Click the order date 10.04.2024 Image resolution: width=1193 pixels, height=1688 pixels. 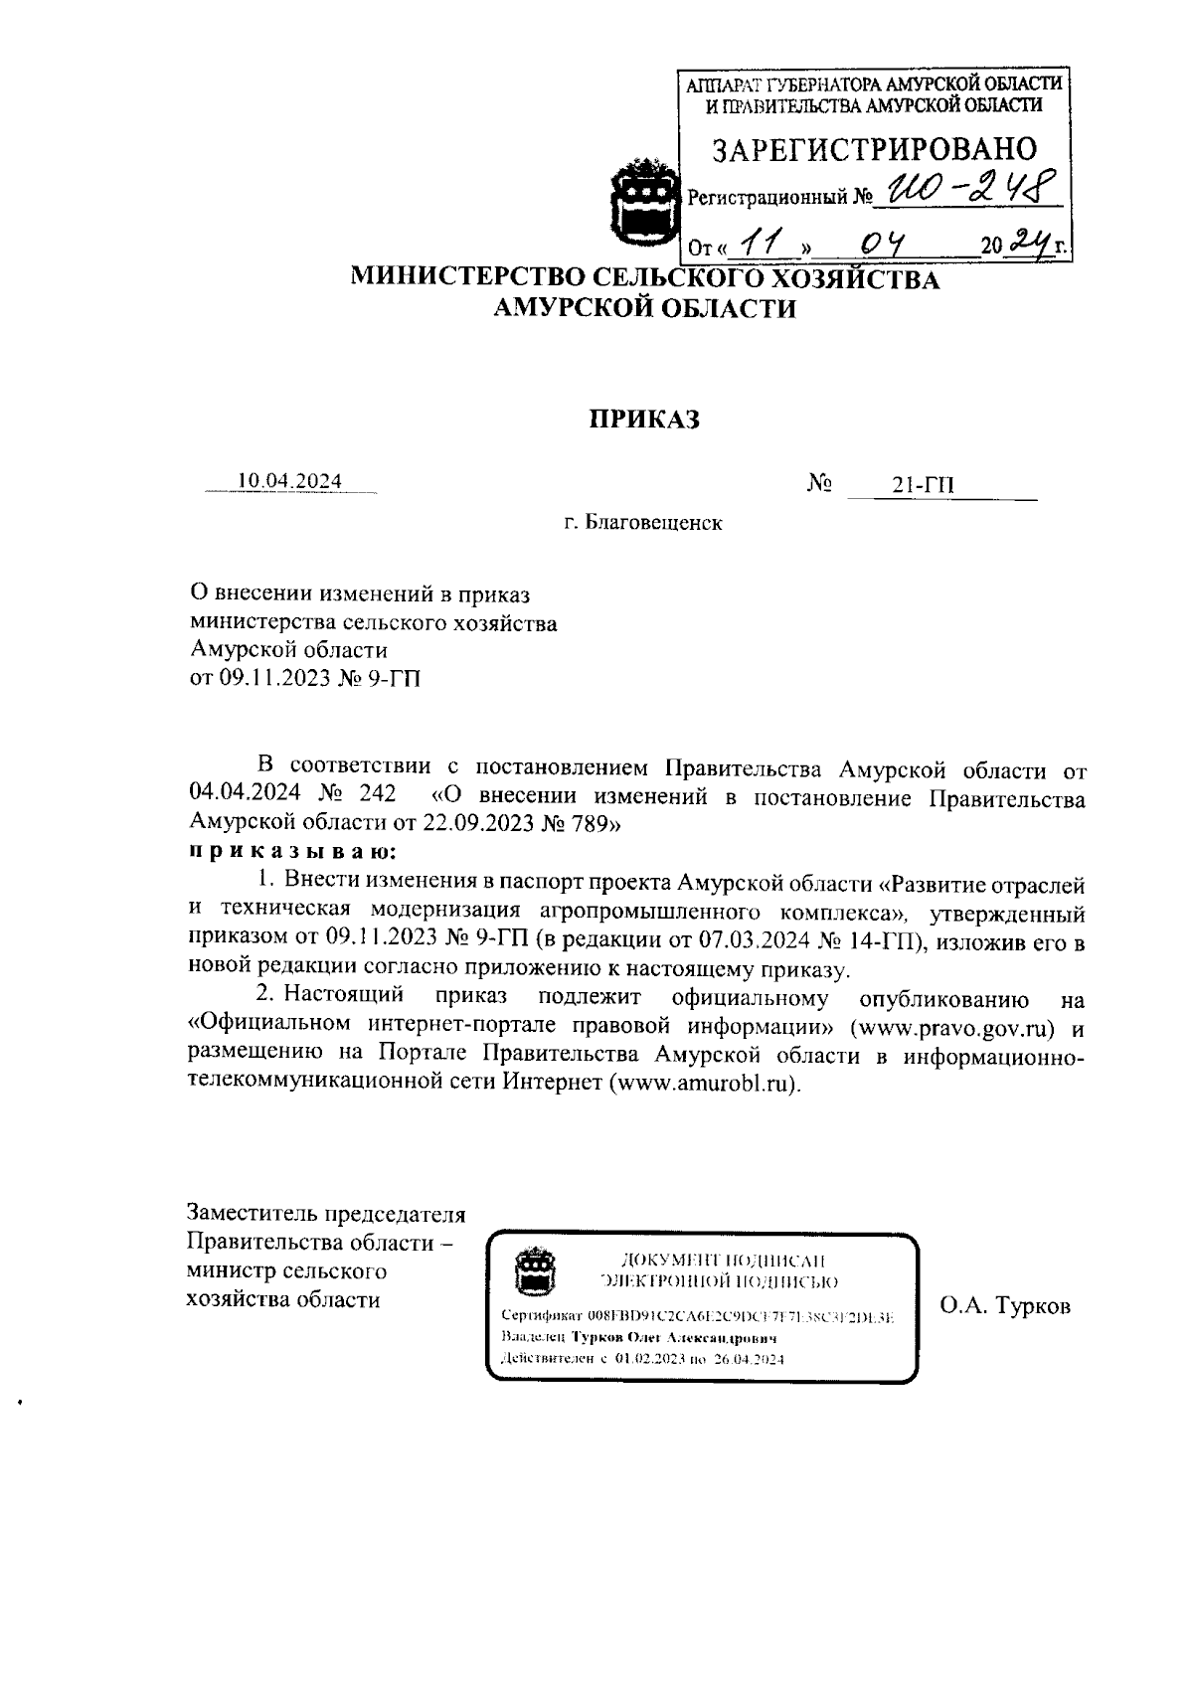pyautogui.click(x=288, y=482)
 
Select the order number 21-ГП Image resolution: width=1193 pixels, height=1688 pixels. pyautogui.click(x=924, y=485)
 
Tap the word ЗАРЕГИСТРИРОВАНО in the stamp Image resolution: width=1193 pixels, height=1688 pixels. pyautogui.click(x=875, y=149)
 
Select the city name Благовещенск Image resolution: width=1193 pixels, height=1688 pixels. pyautogui.click(x=653, y=523)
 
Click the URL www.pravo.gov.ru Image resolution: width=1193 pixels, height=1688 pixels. pyautogui.click(x=946, y=1026)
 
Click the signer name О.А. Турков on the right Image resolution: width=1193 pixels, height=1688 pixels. pyautogui.click(x=1005, y=1306)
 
